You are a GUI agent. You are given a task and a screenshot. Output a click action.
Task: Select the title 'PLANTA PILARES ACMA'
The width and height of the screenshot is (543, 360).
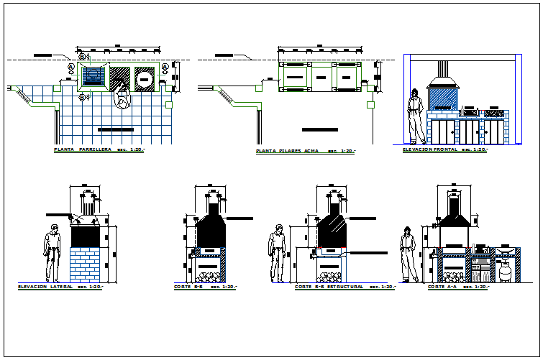click(x=287, y=152)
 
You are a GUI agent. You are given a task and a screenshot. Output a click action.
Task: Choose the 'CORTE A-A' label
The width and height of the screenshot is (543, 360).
click(x=442, y=287)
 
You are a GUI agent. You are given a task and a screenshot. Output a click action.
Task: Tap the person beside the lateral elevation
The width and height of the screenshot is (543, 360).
click(x=52, y=254)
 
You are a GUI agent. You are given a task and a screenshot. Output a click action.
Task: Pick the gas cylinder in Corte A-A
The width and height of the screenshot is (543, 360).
click(x=506, y=272)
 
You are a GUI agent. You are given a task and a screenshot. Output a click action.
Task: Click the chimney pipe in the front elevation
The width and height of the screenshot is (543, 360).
click(x=442, y=68)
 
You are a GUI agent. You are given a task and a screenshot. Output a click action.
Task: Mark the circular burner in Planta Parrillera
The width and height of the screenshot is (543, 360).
click(x=145, y=78)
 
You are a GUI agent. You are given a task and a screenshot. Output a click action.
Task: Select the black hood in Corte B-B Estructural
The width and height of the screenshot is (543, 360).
click(x=332, y=222)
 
